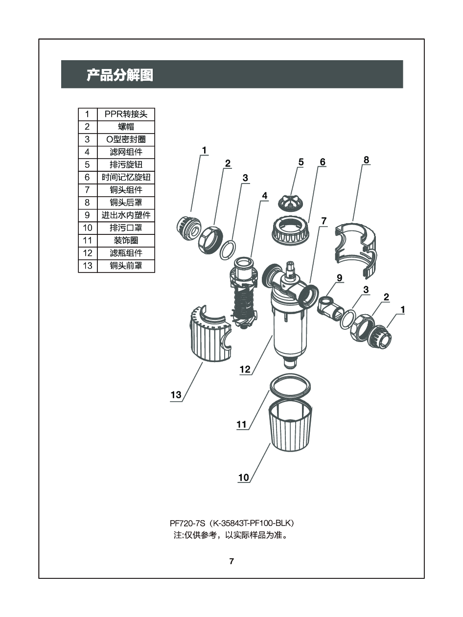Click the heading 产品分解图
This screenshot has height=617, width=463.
[120, 75]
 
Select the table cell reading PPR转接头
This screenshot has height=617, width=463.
[126, 114]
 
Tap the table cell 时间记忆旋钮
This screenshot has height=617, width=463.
[126, 177]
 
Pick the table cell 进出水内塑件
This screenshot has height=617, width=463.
[126, 215]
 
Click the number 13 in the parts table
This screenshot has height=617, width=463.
[88, 265]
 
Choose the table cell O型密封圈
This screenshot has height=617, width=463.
[126, 139]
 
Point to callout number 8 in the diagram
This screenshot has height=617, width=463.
[366, 160]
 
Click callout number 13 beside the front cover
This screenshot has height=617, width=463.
[176, 395]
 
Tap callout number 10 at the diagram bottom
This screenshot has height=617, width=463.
[244, 477]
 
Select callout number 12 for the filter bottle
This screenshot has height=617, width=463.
[245, 369]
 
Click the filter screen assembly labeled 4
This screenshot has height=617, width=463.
[244, 293]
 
